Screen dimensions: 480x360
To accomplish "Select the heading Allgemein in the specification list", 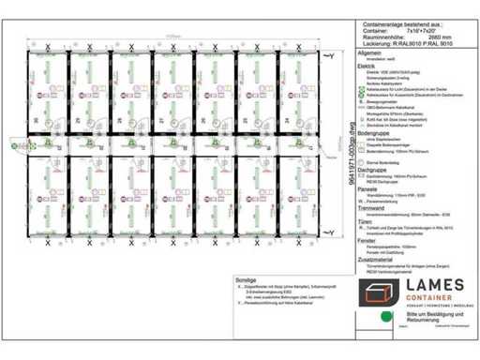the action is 357,54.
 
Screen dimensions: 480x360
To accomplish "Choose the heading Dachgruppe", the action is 359,171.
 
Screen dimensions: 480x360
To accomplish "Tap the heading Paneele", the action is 355,187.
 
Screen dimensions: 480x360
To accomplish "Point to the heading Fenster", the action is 354,240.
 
